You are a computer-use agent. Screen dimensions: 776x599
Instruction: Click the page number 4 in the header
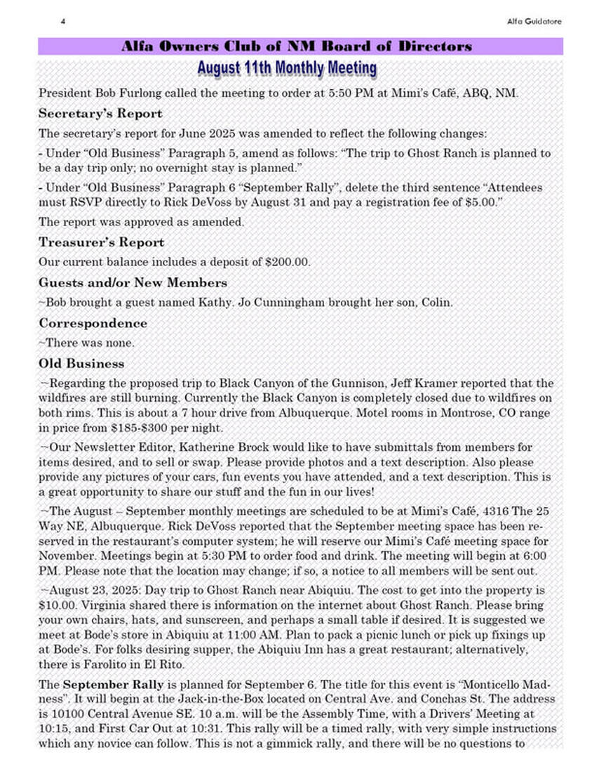(62, 22)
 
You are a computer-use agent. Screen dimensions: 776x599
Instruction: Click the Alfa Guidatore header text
(534, 22)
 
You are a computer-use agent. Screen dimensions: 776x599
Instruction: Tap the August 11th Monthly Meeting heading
(286, 68)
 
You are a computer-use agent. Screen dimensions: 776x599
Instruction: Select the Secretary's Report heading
(100, 113)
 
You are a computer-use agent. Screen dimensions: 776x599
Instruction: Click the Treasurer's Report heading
(102, 242)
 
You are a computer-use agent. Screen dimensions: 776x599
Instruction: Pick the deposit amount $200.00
(290, 262)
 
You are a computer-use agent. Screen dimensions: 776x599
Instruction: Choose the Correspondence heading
(93, 323)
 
